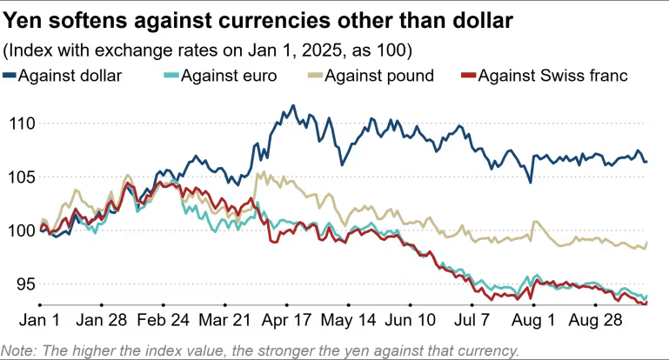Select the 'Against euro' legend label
[x=230, y=76]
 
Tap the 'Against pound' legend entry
[x=378, y=76]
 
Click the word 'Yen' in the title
[x=26, y=18]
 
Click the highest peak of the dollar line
[x=292, y=106]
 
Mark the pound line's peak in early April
[x=258, y=172]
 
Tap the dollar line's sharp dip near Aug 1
[x=531, y=181]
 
